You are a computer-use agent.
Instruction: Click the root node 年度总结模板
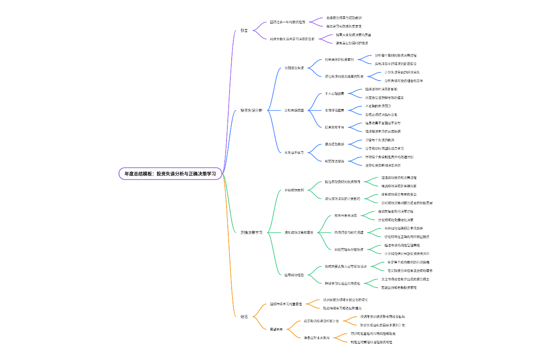tap(170, 174)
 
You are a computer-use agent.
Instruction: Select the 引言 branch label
tap(244, 30)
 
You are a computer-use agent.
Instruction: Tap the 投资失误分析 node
tap(251, 110)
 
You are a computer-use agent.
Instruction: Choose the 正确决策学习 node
tap(251, 232)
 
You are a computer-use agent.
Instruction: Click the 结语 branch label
tap(244, 316)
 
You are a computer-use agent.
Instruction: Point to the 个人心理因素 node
tap(334, 93)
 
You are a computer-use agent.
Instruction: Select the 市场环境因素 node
tap(334, 110)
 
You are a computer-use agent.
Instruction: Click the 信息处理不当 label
tap(334, 127)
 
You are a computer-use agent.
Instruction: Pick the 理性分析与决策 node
tap(346, 215)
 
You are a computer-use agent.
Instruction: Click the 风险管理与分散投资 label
tap(349, 249)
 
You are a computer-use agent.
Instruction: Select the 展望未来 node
tap(276, 329)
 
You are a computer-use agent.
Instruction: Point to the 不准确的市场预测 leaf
tap(378, 106)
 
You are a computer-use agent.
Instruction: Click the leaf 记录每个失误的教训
tap(379, 140)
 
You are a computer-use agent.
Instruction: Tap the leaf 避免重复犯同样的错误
tap(352, 43)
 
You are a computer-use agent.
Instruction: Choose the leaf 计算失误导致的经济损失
tap(402, 72)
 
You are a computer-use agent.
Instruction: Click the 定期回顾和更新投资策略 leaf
tap(399, 288)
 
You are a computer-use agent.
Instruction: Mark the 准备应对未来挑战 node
tap(316, 338)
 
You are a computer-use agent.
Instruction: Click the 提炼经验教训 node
tap(334, 144)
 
